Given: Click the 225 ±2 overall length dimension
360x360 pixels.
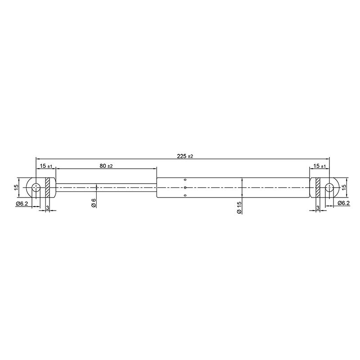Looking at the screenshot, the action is [x=185, y=156].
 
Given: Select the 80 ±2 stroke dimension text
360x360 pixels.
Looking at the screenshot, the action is [x=106, y=166].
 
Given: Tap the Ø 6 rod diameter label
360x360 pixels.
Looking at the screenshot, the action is [x=94, y=202].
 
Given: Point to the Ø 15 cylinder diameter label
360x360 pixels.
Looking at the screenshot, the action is [x=239, y=207].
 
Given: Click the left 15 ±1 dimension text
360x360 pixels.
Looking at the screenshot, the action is [x=46, y=166].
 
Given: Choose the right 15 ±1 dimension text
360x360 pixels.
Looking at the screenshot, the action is [x=319, y=166].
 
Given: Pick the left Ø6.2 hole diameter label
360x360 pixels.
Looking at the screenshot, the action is [x=22, y=203].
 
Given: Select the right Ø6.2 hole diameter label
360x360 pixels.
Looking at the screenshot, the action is [x=344, y=203].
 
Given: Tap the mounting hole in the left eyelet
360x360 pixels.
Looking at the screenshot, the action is [x=36, y=188].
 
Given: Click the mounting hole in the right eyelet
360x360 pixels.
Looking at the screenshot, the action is [x=329, y=188].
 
